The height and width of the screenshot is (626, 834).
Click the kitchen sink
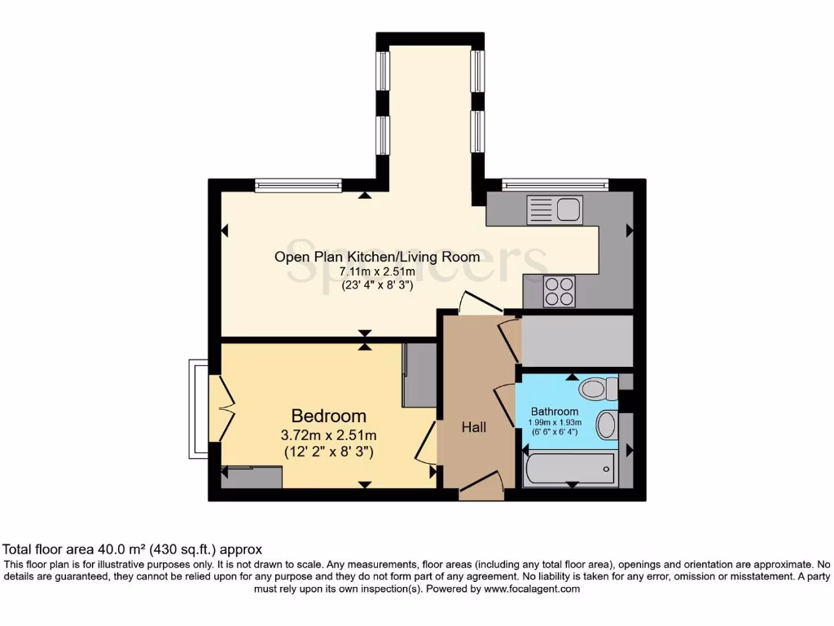coord(554,209)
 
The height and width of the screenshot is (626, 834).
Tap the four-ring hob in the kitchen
coord(560,291)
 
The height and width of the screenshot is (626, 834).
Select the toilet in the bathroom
coord(602,389)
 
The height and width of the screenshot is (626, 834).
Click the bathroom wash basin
coord(607,425)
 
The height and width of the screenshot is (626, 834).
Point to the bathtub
coord(568,469)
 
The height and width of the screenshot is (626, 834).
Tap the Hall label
coord(474,426)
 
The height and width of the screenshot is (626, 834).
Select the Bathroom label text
coord(555,412)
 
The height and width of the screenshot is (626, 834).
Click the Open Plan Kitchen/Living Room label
coord(377,257)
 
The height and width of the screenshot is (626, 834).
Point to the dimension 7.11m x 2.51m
coord(377,272)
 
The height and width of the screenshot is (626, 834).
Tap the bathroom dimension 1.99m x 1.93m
coord(555,422)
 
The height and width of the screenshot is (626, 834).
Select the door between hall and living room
coord(481,302)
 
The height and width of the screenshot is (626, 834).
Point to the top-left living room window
coord(297,185)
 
